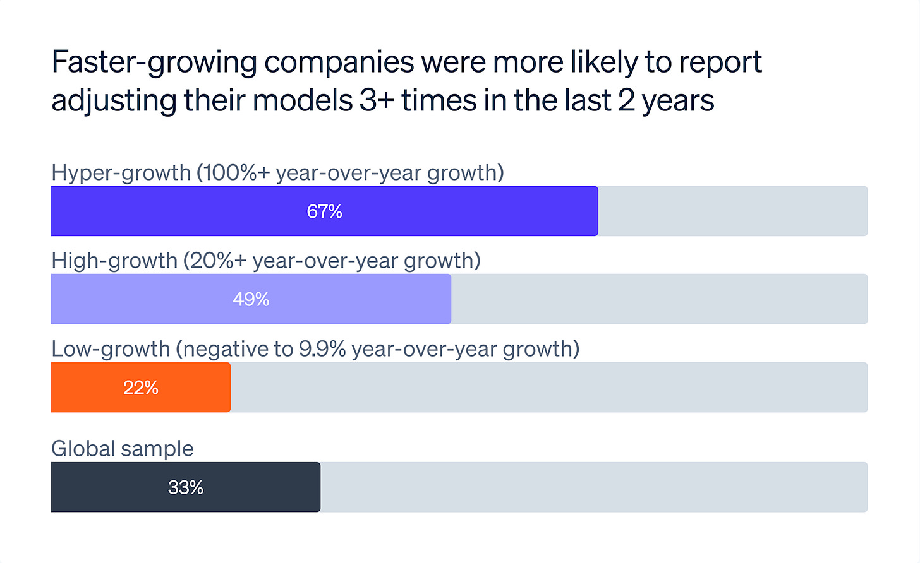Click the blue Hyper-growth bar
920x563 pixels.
click(x=190, y=211)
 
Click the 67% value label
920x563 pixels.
click(x=324, y=211)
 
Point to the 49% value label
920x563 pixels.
click(x=251, y=299)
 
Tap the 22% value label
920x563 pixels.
click(x=140, y=388)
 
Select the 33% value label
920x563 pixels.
click(x=186, y=487)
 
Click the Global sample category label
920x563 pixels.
click(x=122, y=449)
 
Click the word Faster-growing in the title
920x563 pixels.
click(x=154, y=62)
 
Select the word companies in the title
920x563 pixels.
click(x=339, y=62)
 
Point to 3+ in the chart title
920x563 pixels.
click(x=377, y=101)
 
